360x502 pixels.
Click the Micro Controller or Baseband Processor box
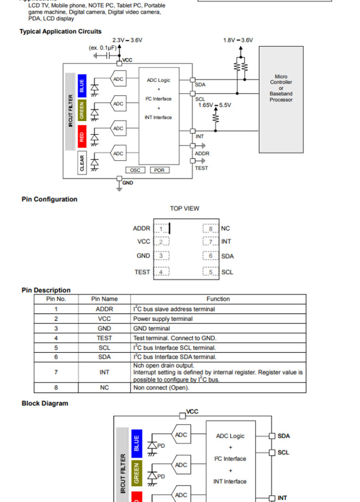pos(281,99)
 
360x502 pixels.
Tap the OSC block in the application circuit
pos(135,170)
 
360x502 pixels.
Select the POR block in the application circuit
pos(159,170)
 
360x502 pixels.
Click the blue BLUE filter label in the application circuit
pos(82,84)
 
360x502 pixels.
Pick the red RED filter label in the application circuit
pos(82,137)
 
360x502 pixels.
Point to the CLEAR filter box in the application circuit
pos(82,164)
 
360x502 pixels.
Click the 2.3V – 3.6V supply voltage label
pos(127,40)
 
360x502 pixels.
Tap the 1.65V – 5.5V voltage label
pos(215,105)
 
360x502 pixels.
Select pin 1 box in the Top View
pos(161,228)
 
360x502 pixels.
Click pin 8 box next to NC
pos(211,228)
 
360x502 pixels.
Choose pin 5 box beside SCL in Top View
pos(211,272)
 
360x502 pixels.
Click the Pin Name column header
pos(104,299)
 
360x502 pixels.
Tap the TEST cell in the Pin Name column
pos(104,338)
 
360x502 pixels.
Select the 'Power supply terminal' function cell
pos(163,319)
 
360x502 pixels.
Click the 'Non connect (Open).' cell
pos(161,388)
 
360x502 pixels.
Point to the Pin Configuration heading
pos(49,199)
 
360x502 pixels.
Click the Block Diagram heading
pos(45,403)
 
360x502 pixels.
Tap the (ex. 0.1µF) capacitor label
pos(103,47)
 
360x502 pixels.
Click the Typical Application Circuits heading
pos(60,31)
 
